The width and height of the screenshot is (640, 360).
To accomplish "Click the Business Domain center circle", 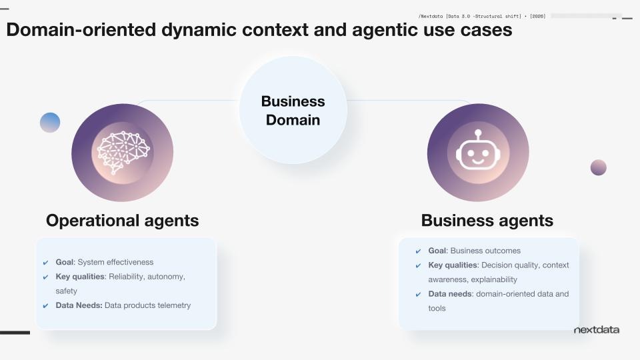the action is [x=293, y=110].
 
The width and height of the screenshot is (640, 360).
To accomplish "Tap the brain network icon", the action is [x=123, y=152].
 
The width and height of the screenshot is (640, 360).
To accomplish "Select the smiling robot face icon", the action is [x=477, y=153].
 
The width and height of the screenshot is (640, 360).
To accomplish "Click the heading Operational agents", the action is [x=122, y=221].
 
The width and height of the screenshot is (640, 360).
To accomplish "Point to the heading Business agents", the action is [x=487, y=221].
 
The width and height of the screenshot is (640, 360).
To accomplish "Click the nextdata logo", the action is [x=596, y=329].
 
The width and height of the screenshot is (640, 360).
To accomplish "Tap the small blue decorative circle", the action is [x=50, y=123].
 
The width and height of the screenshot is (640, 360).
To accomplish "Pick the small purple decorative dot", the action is [x=598, y=167].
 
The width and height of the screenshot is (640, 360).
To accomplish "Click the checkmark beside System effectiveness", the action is [x=45, y=263].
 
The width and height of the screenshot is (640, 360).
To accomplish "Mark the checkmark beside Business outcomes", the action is [x=418, y=251].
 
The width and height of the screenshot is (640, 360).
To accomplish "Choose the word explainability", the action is [x=494, y=279].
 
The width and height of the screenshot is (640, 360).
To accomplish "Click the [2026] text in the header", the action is [x=537, y=15].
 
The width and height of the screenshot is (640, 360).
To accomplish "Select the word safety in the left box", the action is [x=67, y=291].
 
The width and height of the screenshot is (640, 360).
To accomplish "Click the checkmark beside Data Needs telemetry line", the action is [x=45, y=306].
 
